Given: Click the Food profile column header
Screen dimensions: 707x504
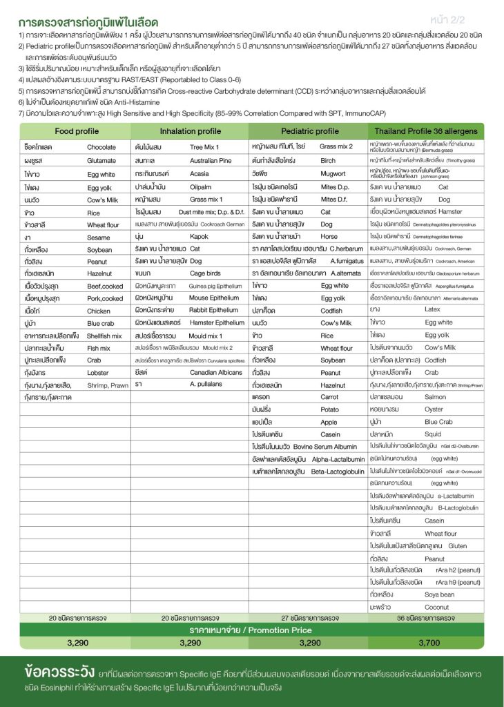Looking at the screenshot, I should click(x=73, y=130).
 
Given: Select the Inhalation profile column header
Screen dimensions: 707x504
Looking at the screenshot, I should click(x=190, y=130).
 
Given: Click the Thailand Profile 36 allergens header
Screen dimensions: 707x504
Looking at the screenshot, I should click(x=425, y=130).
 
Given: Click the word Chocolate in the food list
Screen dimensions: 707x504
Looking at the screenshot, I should click(x=101, y=147).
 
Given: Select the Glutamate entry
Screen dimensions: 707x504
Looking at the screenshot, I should click(x=101, y=160).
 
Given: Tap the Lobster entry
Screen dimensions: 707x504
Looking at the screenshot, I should click(x=99, y=371).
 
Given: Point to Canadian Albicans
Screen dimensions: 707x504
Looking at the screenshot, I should click(x=215, y=371).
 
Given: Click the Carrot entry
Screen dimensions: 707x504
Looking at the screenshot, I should click(x=329, y=398).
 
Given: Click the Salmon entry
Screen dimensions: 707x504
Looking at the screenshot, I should click(x=436, y=397).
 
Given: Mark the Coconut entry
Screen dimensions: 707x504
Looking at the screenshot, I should click(x=436, y=608).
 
